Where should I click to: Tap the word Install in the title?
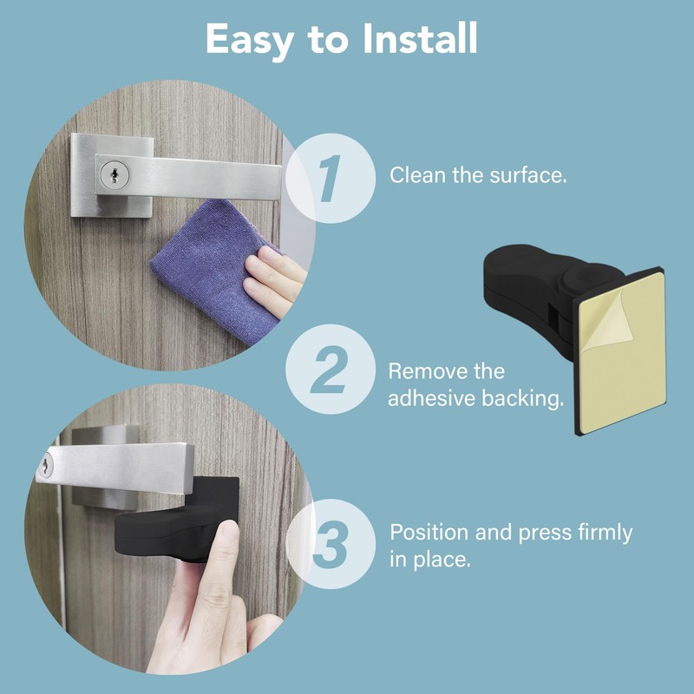point(420,38)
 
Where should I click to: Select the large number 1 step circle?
point(331,178)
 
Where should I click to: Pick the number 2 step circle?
point(331,370)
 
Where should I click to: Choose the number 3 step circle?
point(331,544)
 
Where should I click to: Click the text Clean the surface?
point(478,175)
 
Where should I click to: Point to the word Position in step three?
point(429,533)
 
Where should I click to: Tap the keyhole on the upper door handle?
point(115,174)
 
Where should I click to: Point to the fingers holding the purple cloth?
point(275,280)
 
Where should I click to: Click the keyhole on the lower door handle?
point(45,466)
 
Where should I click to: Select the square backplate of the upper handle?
point(112,175)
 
